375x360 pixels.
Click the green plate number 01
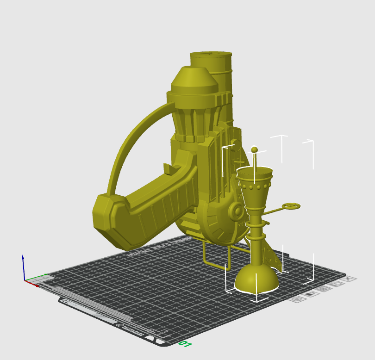click(185, 344)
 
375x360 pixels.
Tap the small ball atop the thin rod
click(254, 149)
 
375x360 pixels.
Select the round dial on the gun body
click(237, 212)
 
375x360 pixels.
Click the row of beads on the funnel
click(254, 188)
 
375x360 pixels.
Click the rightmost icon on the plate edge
click(350, 279)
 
